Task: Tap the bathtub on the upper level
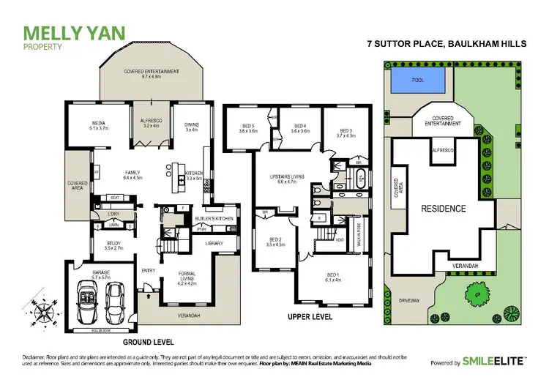pos(360,176)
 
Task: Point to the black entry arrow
pos(148,296)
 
